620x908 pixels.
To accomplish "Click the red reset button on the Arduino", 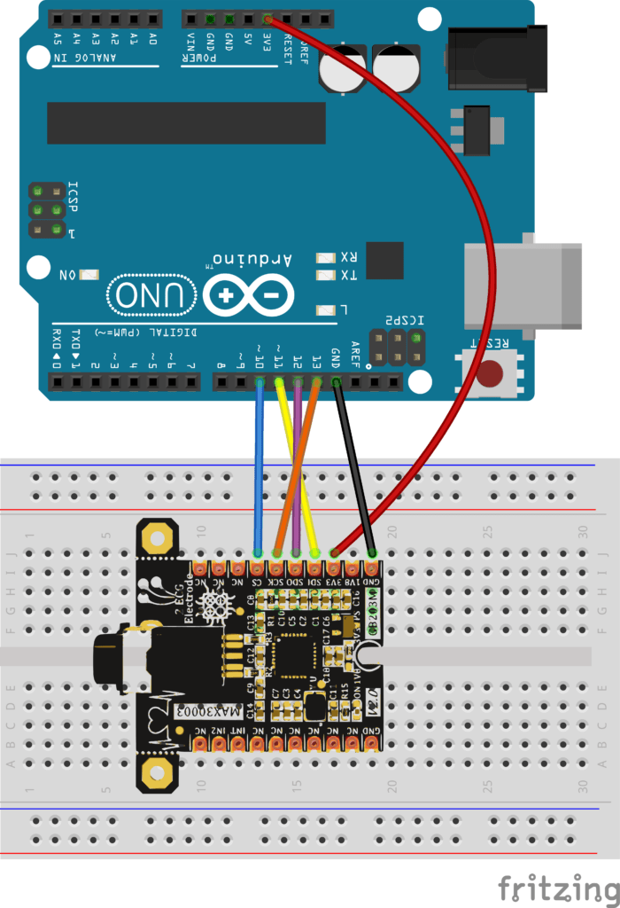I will click(x=488, y=372).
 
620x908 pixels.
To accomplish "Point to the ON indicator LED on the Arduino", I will click(x=89, y=276).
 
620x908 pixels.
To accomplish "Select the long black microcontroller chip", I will click(x=186, y=122).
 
